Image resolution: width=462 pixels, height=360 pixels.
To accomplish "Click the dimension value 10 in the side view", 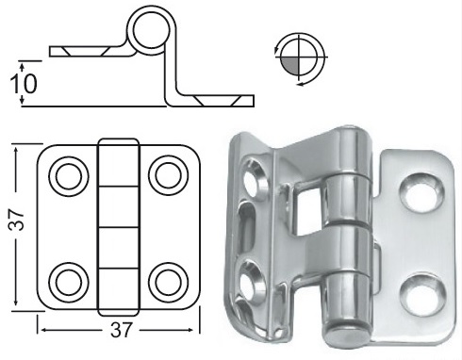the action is [x=24, y=84].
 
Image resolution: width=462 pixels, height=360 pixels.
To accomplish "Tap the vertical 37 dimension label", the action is [x=16, y=221].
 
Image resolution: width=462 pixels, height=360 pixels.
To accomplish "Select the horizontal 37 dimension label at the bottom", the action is [x=121, y=330].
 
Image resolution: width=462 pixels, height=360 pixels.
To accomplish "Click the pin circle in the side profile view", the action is [x=152, y=29].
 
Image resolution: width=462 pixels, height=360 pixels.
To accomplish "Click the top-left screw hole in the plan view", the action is [x=69, y=176].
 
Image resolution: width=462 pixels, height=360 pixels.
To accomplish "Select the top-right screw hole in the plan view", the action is [x=168, y=175].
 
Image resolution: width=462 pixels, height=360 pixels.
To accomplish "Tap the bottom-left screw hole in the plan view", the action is [x=69, y=282].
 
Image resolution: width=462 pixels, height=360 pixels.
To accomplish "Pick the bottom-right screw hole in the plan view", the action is [x=168, y=282].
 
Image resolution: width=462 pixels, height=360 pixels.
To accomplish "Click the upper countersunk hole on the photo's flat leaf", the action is [x=421, y=190].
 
